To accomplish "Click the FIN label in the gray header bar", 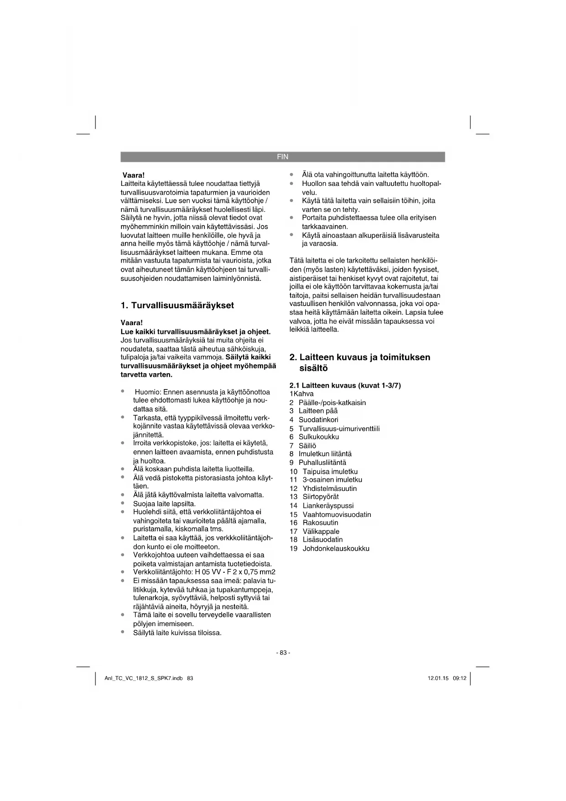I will pos(282,157).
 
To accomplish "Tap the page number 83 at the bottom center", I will pos(283,653).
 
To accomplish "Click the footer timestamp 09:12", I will pos(459,678).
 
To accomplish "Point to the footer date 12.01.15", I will pos(438,678).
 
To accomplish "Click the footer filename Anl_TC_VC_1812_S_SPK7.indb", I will pos(144,678).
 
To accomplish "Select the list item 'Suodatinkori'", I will pos(318,420).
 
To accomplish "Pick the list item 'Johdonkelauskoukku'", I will pos(336,548).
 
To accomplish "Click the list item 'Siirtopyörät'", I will pos(321,497).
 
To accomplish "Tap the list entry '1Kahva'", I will pos(301,394).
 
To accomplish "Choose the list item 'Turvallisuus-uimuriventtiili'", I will pos(339,428).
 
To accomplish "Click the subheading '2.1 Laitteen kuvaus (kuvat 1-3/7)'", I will pos(345,385).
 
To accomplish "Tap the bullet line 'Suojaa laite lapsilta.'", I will pos(164,504).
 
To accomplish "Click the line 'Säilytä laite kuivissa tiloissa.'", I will pos(177,632).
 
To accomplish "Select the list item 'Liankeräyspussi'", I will pos(328,506).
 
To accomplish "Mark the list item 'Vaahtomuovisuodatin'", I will pos(337,514).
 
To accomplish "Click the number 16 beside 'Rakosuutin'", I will pos(293,522).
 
